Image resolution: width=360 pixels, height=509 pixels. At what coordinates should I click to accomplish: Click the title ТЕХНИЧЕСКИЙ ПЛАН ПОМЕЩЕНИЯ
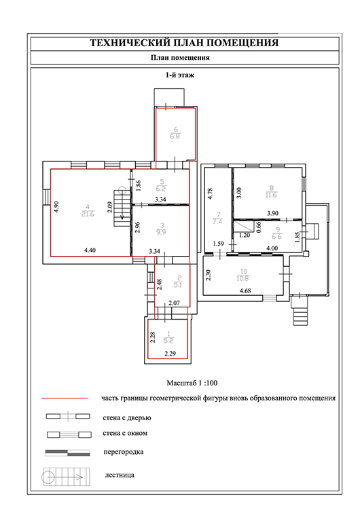click(184, 43)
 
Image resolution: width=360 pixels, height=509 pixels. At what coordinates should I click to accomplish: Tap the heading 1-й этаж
click(180, 75)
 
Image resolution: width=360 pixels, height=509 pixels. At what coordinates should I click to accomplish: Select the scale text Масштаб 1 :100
click(192, 383)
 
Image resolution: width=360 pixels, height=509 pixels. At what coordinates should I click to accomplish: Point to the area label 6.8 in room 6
click(175, 136)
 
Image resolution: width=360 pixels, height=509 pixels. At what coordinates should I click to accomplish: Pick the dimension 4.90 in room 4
click(56, 207)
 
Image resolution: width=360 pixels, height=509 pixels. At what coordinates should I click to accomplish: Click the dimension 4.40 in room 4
click(90, 250)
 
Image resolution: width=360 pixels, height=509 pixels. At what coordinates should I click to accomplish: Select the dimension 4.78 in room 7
click(210, 194)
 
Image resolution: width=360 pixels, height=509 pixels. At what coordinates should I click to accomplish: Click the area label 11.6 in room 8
click(271, 195)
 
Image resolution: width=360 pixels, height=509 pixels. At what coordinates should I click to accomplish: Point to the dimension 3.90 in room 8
click(272, 213)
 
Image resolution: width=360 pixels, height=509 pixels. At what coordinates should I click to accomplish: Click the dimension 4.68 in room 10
click(245, 291)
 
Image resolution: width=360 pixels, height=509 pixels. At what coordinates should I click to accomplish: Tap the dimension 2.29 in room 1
click(170, 354)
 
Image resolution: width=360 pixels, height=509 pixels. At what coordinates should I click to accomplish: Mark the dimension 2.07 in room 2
click(174, 303)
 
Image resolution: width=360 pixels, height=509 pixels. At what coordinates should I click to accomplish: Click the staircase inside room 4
click(122, 208)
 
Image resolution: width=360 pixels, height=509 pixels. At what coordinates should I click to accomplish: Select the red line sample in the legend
click(65, 398)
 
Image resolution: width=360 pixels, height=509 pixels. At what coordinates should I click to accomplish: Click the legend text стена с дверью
click(127, 418)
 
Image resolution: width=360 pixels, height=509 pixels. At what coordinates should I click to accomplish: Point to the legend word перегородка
click(124, 452)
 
